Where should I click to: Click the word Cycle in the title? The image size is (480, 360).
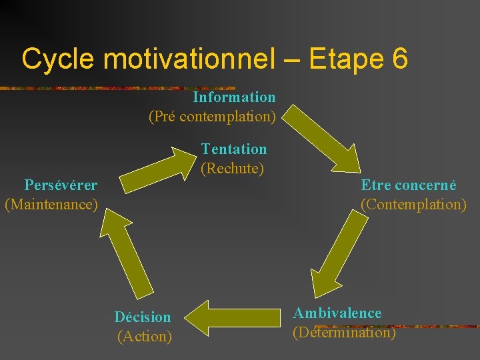coord(59,59)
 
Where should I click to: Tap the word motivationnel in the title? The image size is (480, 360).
coord(189,59)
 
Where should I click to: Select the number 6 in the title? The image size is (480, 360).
coord(399,59)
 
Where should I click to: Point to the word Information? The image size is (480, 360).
coord(234,97)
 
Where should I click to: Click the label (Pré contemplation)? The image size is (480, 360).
coord(212,117)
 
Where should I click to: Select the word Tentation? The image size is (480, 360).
coord(234,149)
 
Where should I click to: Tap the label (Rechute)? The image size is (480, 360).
coord(233,168)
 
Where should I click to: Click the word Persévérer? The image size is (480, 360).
coord(61,185)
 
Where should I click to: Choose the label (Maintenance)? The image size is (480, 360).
coord(51,203)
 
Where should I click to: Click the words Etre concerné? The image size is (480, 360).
coord(409,185)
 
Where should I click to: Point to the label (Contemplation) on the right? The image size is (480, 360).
coord(413,204)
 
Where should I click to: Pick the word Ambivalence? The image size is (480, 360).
coord(337,313)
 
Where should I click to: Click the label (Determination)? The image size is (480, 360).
coord(344,332)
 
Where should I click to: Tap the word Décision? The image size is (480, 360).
coord(143,317)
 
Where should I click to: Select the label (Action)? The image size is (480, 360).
coord(145,337)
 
